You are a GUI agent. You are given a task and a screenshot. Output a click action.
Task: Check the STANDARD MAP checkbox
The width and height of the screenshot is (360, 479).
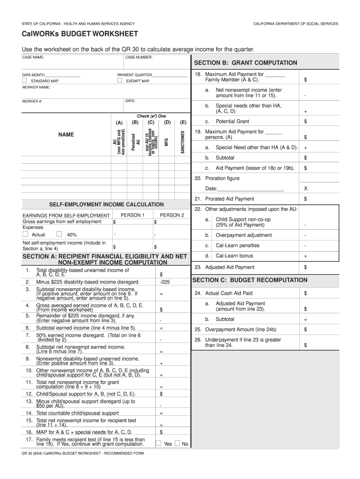click(25, 80)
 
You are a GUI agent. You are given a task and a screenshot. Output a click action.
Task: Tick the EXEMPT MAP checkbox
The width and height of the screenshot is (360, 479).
click(120, 80)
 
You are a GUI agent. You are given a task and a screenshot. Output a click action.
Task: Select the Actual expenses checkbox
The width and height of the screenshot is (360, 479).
click(26, 234)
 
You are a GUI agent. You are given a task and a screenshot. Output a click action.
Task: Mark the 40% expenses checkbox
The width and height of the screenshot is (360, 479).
click(59, 234)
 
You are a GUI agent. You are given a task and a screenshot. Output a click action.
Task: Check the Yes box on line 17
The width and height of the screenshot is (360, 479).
click(159, 443)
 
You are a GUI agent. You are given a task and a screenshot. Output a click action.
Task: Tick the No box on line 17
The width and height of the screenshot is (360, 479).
click(177, 443)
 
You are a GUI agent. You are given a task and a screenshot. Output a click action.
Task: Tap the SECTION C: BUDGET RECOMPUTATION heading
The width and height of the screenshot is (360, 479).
click(250, 280)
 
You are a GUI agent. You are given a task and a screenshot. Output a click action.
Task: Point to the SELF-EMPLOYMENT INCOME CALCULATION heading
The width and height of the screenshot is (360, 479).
click(107, 204)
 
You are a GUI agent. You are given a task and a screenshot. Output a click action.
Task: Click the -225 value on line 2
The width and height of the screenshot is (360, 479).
click(165, 282)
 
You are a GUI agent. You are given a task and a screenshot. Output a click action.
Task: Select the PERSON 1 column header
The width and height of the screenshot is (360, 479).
click(132, 215)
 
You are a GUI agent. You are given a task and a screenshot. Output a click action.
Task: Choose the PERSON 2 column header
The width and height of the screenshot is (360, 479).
click(172, 215)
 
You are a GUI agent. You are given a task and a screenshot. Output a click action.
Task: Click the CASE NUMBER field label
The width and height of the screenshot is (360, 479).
click(139, 57)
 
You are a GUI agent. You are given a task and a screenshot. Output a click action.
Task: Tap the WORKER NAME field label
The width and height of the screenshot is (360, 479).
click(36, 87)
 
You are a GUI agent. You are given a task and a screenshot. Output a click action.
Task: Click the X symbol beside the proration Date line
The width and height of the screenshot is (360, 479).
click(305, 189)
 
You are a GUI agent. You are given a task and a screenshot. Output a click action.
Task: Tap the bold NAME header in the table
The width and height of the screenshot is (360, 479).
click(66, 135)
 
